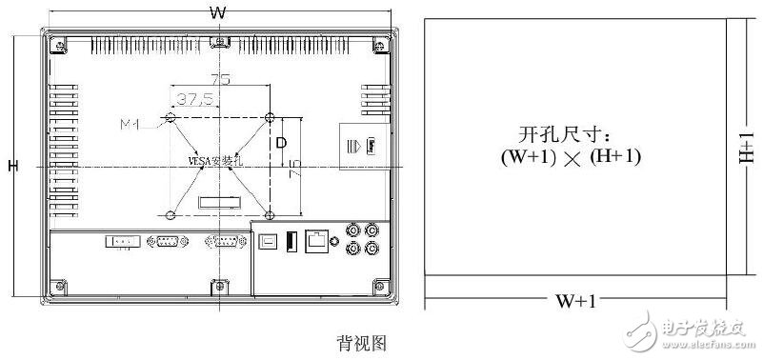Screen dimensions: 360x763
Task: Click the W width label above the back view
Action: pos(218,12)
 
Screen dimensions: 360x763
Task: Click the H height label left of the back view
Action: pos(12,167)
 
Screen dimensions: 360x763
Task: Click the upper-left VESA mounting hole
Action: pos(171,117)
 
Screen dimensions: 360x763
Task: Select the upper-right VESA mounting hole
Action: pos(271,117)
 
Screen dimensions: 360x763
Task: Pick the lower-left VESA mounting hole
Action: pos(171,212)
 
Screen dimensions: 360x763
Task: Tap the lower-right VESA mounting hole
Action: pos(271,212)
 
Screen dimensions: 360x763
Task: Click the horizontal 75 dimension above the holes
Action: pos(220,81)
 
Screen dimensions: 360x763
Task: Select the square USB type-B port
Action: pos(270,241)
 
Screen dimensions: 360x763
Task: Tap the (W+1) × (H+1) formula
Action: pos(571,159)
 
